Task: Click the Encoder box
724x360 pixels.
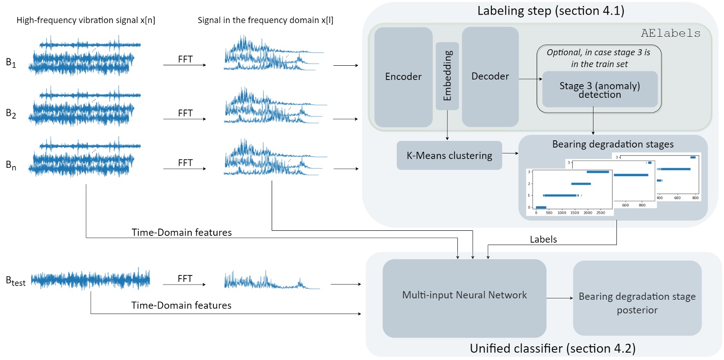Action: (403, 77)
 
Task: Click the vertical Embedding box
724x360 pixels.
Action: (447, 76)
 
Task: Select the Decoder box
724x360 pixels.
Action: (490, 76)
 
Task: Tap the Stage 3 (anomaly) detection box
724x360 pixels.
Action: (599, 90)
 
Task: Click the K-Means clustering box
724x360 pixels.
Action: (449, 155)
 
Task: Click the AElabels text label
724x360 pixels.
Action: (670, 33)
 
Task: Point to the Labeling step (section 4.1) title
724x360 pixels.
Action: (551, 11)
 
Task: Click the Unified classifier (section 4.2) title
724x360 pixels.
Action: (553, 349)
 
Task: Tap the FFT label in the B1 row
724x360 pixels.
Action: (185, 59)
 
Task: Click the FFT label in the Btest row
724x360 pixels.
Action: (185, 279)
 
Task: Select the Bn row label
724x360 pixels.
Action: (11, 165)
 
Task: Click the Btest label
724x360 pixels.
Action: (16, 280)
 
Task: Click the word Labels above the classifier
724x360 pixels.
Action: (543, 239)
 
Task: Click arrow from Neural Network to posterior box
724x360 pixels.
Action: (559, 298)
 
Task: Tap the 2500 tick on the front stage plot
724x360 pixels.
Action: (600, 213)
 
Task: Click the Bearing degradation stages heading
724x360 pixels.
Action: (613, 144)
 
